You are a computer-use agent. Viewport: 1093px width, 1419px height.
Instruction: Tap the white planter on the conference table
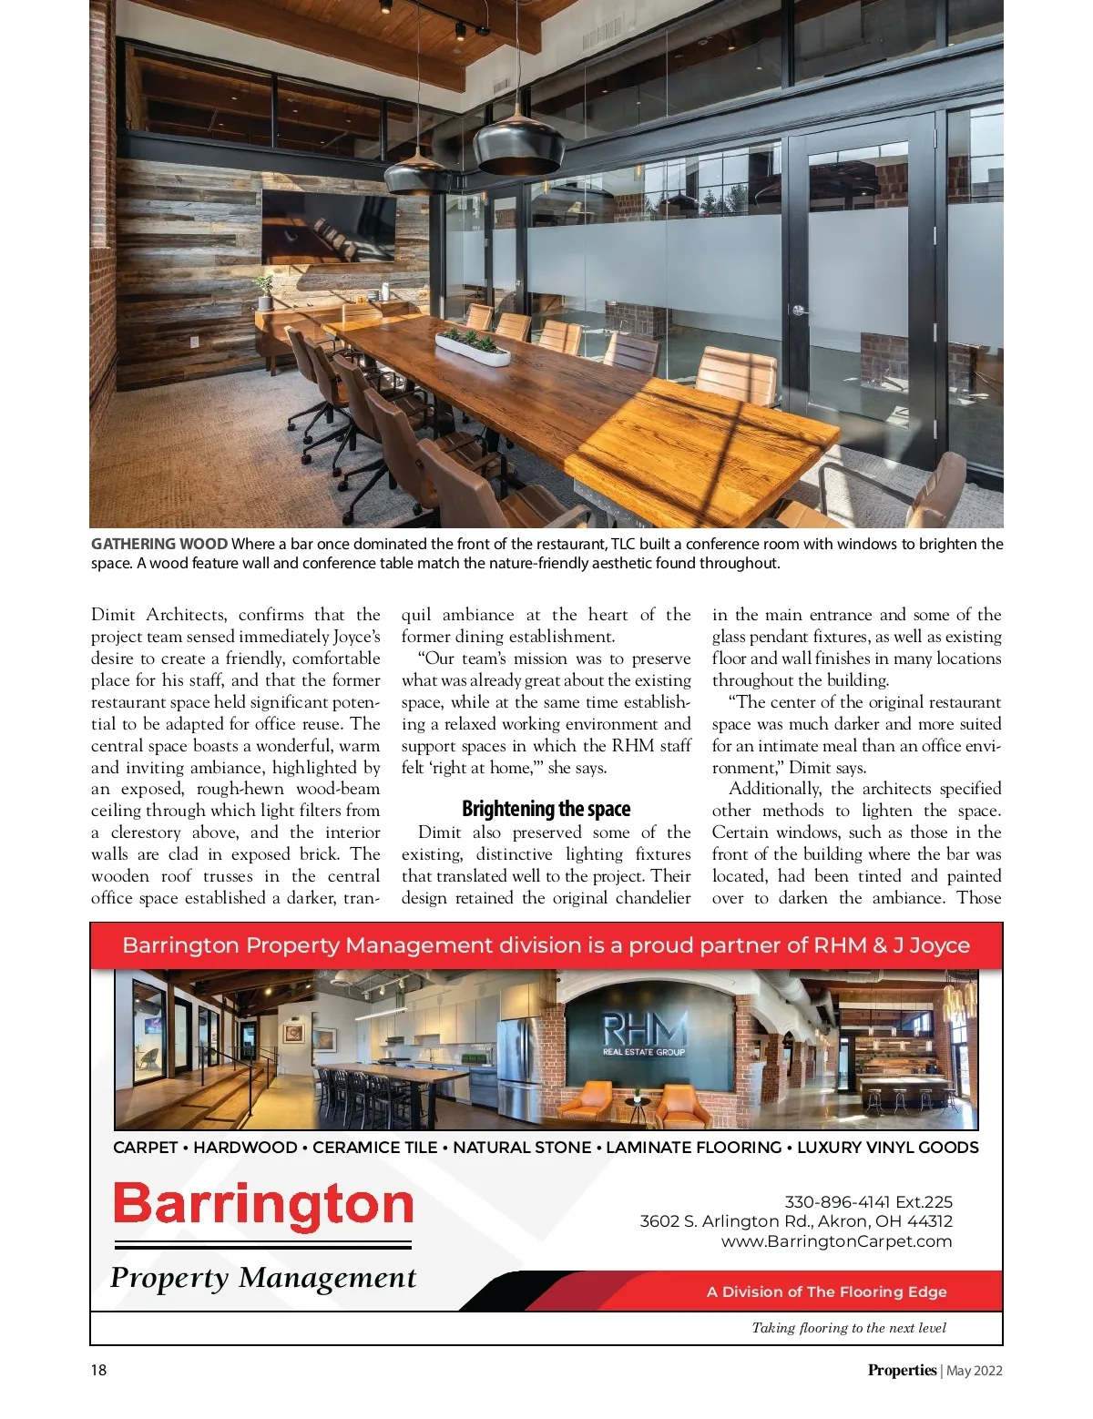click(x=472, y=350)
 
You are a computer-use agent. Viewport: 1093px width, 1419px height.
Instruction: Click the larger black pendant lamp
click(x=518, y=143)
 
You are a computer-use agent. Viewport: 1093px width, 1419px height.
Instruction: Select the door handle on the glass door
click(x=799, y=311)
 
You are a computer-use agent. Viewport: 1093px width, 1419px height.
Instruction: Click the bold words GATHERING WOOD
click(x=159, y=544)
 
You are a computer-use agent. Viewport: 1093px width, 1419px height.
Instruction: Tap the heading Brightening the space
click(x=546, y=809)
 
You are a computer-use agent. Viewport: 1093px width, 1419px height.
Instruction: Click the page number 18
click(x=98, y=1370)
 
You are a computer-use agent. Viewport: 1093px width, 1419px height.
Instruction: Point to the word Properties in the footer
click(x=901, y=1370)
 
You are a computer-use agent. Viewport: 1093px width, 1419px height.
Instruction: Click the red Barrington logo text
click(x=263, y=1205)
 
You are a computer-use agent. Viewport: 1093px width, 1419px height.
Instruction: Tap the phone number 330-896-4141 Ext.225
click(x=868, y=1201)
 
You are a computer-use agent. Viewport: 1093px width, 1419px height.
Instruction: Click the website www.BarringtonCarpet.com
click(x=836, y=1240)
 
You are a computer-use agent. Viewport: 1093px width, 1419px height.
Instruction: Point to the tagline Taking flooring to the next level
click(x=848, y=1328)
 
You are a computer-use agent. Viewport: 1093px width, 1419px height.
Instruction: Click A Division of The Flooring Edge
click(x=826, y=1291)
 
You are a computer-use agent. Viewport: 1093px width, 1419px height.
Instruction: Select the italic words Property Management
click(x=262, y=1278)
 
